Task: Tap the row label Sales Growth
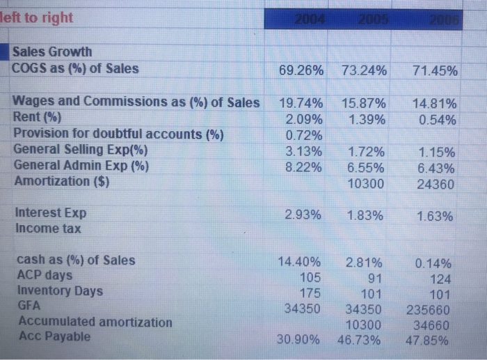click(52, 52)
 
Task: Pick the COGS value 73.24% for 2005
click(365, 70)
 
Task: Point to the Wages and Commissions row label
click(136, 102)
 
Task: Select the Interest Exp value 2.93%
click(304, 216)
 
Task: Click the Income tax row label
click(47, 228)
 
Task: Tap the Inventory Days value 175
click(310, 292)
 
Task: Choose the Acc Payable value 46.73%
click(365, 341)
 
